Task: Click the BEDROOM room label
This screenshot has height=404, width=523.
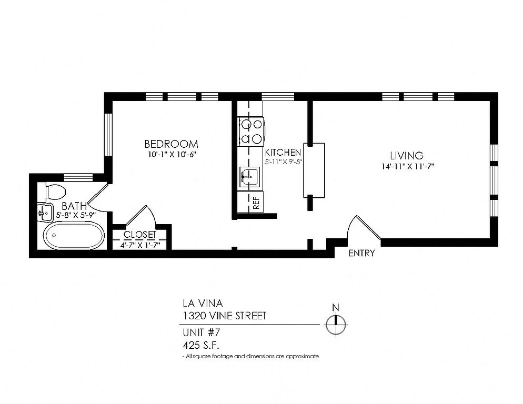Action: click(x=171, y=144)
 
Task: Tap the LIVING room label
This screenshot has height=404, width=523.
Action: click(x=407, y=156)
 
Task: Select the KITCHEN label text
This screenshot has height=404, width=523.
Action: click(x=283, y=153)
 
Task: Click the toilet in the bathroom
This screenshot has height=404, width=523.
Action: click(x=52, y=192)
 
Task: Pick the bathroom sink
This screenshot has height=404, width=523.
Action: click(x=45, y=212)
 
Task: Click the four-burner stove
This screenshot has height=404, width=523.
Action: click(x=251, y=132)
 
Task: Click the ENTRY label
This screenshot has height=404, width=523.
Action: click(x=361, y=253)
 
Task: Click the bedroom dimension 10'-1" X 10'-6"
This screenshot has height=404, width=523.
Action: click(x=171, y=155)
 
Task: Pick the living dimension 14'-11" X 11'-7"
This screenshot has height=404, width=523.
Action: click(x=408, y=166)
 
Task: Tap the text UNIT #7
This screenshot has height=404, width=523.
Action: click(x=202, y=332)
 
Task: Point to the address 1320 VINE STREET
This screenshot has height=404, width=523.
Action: click(x=225, y=316)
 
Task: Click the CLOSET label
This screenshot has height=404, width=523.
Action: click(x=140, y=235)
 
